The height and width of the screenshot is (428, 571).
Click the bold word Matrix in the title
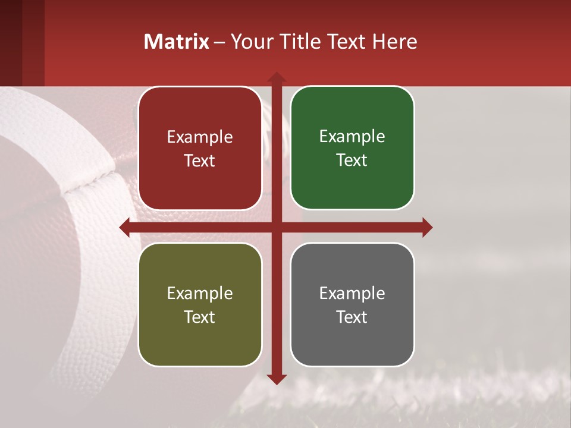tap(177, 42)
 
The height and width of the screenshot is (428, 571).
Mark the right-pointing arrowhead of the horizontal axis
tap(427, 227)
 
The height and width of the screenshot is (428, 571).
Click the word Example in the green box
tap(352, 136)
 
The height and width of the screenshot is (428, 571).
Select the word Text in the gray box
tap(352, 317)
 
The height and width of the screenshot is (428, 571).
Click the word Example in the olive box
tap(200, 293)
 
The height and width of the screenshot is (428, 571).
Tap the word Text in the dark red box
tap(200, 160)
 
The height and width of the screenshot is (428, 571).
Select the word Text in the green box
tap(352, 160)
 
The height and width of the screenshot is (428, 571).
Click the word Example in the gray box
tap(352, 293)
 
